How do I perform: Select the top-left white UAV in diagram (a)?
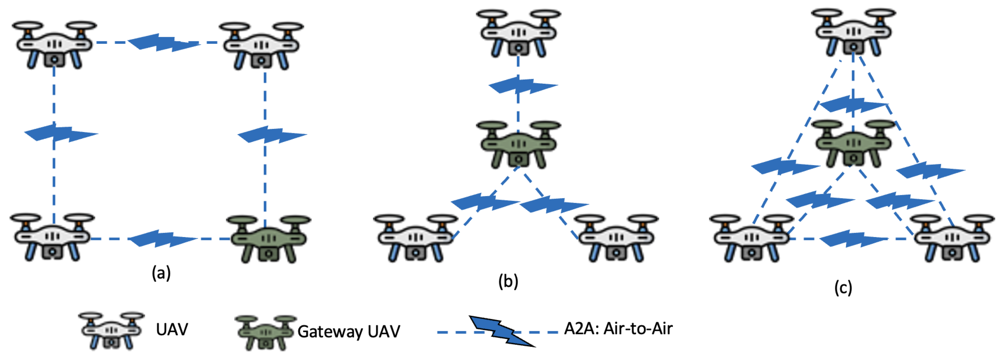pyautogui.click(x=54, y=45)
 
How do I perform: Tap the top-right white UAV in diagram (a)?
pyautogui.click(x=261, y=46)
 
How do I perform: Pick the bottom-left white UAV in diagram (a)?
pyautogui.click(x=52, y=236)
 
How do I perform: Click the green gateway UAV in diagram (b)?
pyautogui.click(x=518, y=144)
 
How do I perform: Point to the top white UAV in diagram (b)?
pyautogui.click(x=518, y=33)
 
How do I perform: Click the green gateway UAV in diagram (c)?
pyautogui.click(x=854, y=143)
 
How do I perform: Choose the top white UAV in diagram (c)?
pyautogui.click(x=854, y=32)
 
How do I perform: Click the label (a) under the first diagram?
pyautogui.click(x=161, y=273)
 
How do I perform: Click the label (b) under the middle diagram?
pyautogui.click(x=508, y=281)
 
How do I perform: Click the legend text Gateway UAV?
pyautogui.click(x=348, y=332)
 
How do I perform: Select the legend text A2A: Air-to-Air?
pyautogui.click(x=618, y=329)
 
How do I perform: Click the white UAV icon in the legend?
pyautogui.click(x=111, y=330)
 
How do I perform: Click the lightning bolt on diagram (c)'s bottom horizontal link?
pyautogui.click(x=853, y=238)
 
